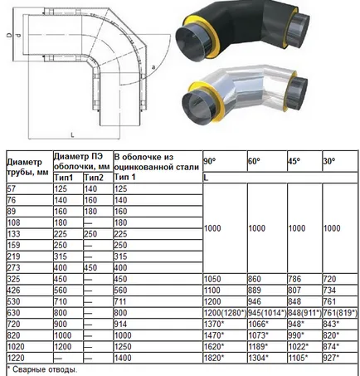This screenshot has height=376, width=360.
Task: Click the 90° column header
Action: pyautogui.click(x=210, y=161)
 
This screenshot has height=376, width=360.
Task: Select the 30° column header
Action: pyautogui.click(x=329, y=161)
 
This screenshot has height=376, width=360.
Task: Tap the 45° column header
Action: pyautogui.click(x=294, y=161)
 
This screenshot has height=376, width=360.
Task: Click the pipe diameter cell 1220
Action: pyautogui.click(x=16, y=358)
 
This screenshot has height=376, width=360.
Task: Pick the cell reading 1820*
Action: pyautogui.click(x=214, y=358)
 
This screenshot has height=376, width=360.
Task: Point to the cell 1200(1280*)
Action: pyautogui.click(x=225, y=313)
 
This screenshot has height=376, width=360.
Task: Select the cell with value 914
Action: pyautogui.click(x=120, y=325)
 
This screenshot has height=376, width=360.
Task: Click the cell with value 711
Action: pyautogui.click(x=120, y=301)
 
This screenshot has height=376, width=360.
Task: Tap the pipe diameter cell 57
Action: pyautogui.click(x=12, y=188)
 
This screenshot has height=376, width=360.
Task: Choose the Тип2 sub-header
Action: pyautogui.click(x=94, y=178)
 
